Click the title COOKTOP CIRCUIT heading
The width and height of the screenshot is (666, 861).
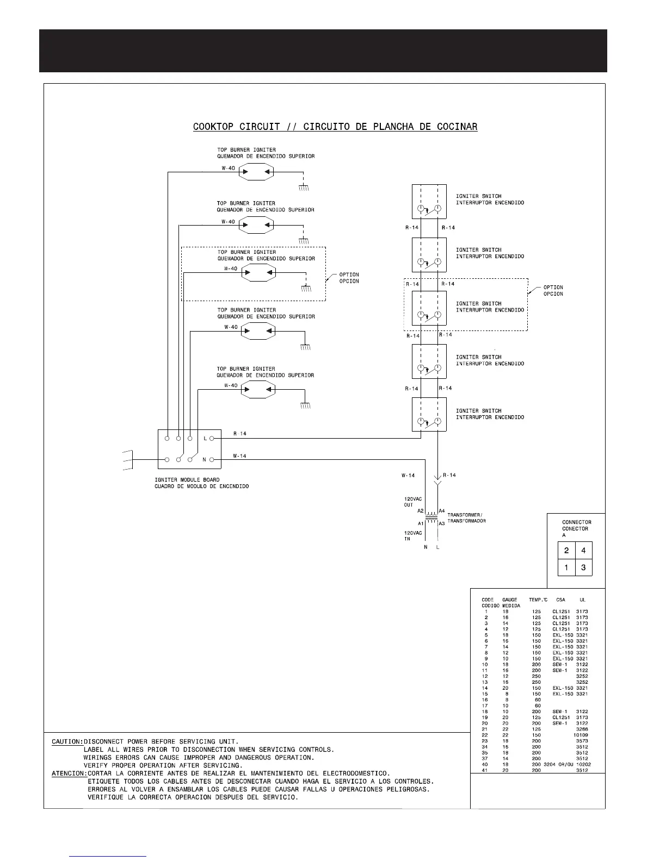pos(335,127)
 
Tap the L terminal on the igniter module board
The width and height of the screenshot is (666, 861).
pos(212,438)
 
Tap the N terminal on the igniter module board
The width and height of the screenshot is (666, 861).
pos(212,460)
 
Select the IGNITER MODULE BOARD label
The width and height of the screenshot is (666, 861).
pos(187,479)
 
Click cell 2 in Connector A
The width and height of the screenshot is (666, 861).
pos(566,551)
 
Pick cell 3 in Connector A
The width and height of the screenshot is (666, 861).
pos(583,568)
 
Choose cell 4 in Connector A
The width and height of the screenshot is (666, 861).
pos(583,551)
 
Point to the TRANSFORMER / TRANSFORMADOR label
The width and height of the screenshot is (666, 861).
pos(466,517)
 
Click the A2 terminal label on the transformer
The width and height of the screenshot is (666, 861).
pos(421,511)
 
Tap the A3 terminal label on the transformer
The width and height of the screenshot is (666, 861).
pos(442,523)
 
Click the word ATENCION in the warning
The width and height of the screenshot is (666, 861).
pos(69,773)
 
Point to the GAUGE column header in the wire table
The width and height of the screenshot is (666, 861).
pos(510,600)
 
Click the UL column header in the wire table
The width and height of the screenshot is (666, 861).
pos(582,600)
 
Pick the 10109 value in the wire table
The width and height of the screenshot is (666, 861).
pos(581,735)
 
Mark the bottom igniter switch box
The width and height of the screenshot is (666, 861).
pos(429,415)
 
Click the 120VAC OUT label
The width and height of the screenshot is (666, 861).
pos(412,502)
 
